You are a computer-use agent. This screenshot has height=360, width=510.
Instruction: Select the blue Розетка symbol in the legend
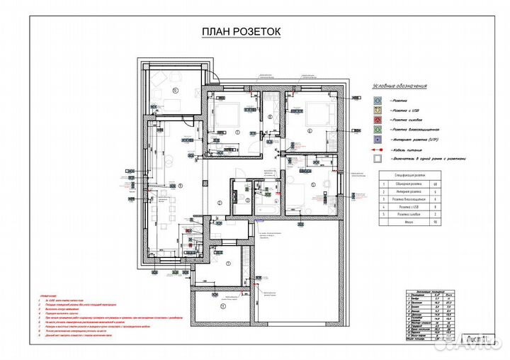pyautogui.click(x=378, y=101)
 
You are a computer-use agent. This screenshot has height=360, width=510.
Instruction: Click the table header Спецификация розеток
pyautogui.click(x=412, y=174)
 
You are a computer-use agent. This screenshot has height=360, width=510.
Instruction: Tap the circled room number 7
pyautogui.click(x=238, y=133)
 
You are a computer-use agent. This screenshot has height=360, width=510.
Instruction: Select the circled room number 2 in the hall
pyautogui.click(x=220, y=203)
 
